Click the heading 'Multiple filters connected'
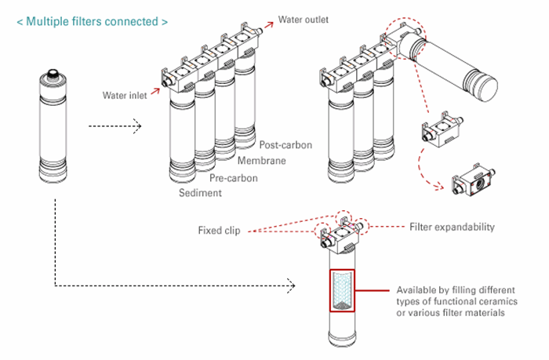point(91,21)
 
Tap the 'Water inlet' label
point(125,96)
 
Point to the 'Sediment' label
point(201,193)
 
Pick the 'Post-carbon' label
point(285,146)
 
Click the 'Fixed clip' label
point(219,231)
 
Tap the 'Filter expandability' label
point(452,227)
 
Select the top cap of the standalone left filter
point(54,75)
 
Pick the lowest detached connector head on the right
point(474,178)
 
